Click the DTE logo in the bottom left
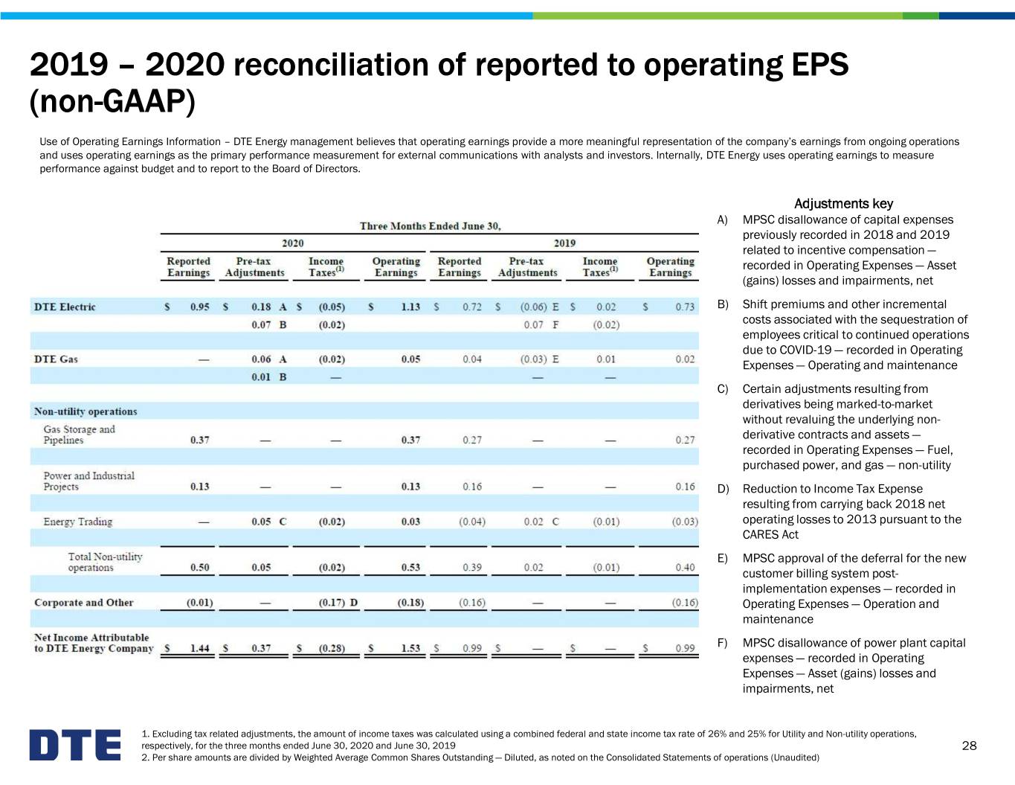pyautogui.click(x=75, y=745)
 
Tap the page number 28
pyautogui.click(x=969, y=746)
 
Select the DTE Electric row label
pyautogui.click(x=65, y=307)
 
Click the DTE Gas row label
pyautogui.click(x=56, y=359)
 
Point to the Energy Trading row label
pyautogui.click(x=78, y=522)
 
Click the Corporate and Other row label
pyautogui.click(x=83, y=602)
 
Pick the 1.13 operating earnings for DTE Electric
pyautogui.click(x=410, y=307)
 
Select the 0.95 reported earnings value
pyautogui.click(x=199, y=307)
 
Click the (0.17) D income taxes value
pyautogui.click(x=338, y=603)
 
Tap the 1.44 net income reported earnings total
pyautogui.click(x=199, y=648)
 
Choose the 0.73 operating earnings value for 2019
pyautogui.click(x=685, y=307)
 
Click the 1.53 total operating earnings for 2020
pyautogui.click(x=410, y=648)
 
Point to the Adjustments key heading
pyautogui.click(x=843, y=204)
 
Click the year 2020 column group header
pyautogui.click(x=293, y=243)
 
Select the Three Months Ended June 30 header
pyautogui.click(x=431, y=226)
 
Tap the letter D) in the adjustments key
pyautogui.click(x=723, y=489)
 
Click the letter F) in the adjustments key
pyautogui.click(x=723, y=644)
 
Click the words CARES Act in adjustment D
pyautogui.click(x=770, y=534)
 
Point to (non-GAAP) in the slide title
pyautogui.click(x=112, y=101)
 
